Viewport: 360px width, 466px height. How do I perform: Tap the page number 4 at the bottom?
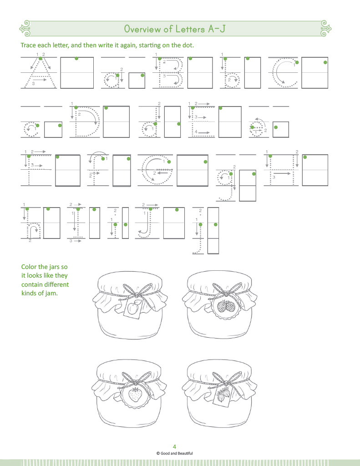coord(174,446)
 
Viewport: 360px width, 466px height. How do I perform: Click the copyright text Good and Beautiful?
coord(174,453)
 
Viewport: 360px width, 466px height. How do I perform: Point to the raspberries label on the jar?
coord(226,306)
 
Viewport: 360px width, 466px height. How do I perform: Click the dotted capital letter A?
coord(40,72)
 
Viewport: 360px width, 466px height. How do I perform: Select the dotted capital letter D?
coord(86,122)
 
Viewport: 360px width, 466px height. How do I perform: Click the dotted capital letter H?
coord(281,170)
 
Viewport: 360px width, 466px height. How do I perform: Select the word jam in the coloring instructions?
coord(52,294)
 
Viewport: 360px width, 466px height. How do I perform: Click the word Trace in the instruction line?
coord(28,45)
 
